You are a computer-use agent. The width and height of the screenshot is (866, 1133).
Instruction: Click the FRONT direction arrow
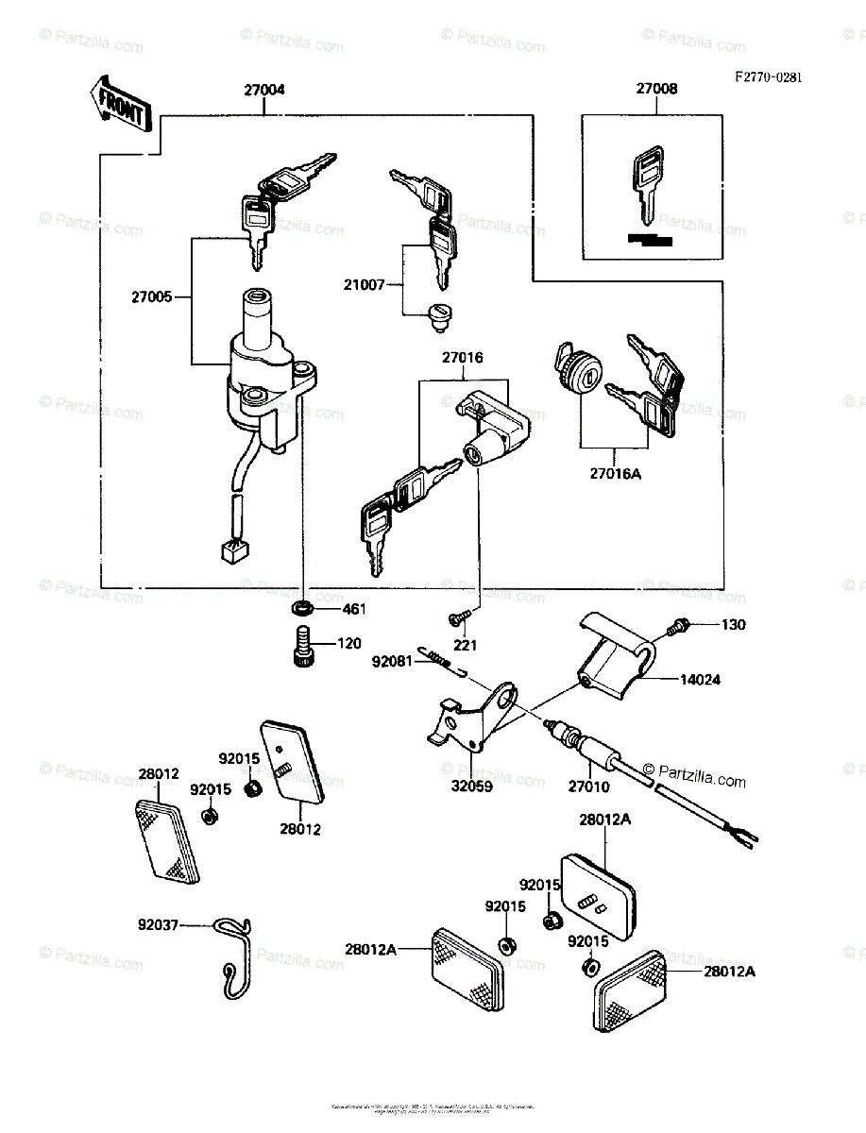point(118,104)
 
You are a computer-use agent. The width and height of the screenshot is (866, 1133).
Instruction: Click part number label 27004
point(263,91)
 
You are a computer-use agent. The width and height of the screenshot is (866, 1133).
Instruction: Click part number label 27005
point(151,296)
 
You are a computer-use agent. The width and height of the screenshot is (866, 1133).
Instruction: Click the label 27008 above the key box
point(655,90)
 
